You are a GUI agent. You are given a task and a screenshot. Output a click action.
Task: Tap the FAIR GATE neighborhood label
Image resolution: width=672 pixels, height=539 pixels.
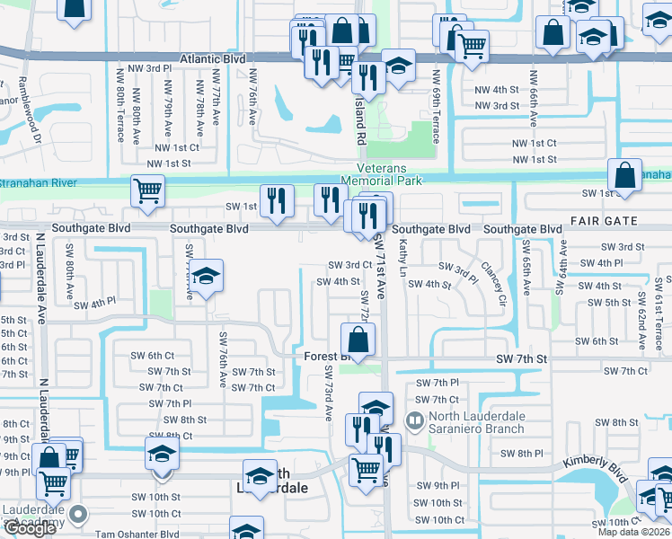pyautogui.click(x=604, y=220)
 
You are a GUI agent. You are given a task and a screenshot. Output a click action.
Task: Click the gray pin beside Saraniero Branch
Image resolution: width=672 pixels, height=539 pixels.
pyautogui.click(x=414, y=420)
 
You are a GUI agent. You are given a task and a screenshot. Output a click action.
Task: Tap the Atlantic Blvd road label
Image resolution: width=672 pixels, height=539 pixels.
pyautogui.click(x=212, y=59)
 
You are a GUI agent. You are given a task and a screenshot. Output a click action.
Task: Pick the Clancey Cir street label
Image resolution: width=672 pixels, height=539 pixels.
pyautogui.click(x=493, y=283)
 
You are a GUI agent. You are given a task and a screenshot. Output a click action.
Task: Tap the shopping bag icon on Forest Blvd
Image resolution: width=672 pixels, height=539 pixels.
pyautogui.click(x=358, y=340)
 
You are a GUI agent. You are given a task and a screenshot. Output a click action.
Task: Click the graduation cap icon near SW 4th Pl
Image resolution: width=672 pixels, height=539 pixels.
pyautogui.click(x=207, y=277)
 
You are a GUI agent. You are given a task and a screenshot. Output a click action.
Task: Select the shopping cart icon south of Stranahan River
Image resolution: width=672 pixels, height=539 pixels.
pyautogui.click(x=148, y=190)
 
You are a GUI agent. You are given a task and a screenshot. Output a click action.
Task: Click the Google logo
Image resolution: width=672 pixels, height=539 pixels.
pyautogui.click(x=30, y=528)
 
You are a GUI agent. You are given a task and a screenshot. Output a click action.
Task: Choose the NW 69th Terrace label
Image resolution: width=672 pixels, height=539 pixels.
pyautogui.click(x=435, y=107)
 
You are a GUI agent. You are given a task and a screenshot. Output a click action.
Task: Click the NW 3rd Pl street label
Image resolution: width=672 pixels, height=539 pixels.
pyautogui.click(x=146, y=68)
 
